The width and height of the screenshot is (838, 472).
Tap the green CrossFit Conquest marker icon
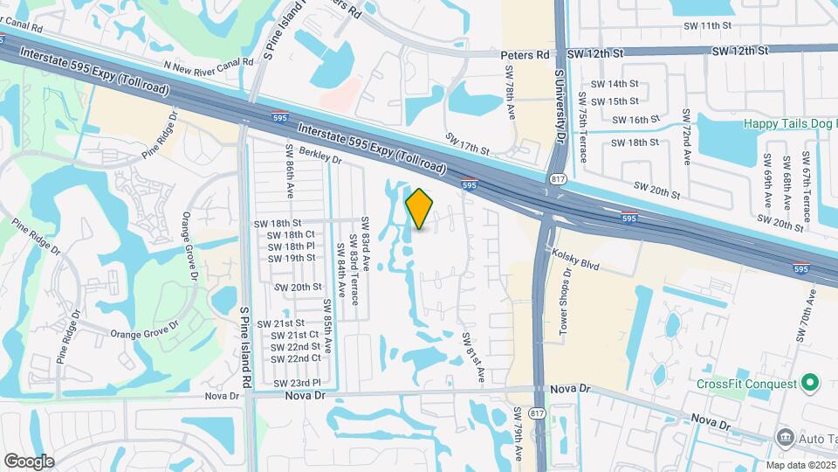tap(810, 383)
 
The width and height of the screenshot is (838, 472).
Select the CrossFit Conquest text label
tap(747, 384)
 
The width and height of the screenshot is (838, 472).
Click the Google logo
tap(29, 461)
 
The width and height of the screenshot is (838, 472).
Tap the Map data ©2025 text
tap(800, 465)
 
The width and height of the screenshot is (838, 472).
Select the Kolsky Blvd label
tap(575, 258)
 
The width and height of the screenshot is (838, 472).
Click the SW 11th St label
tap(708, 25)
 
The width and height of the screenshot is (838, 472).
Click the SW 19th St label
tap(292, 258)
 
